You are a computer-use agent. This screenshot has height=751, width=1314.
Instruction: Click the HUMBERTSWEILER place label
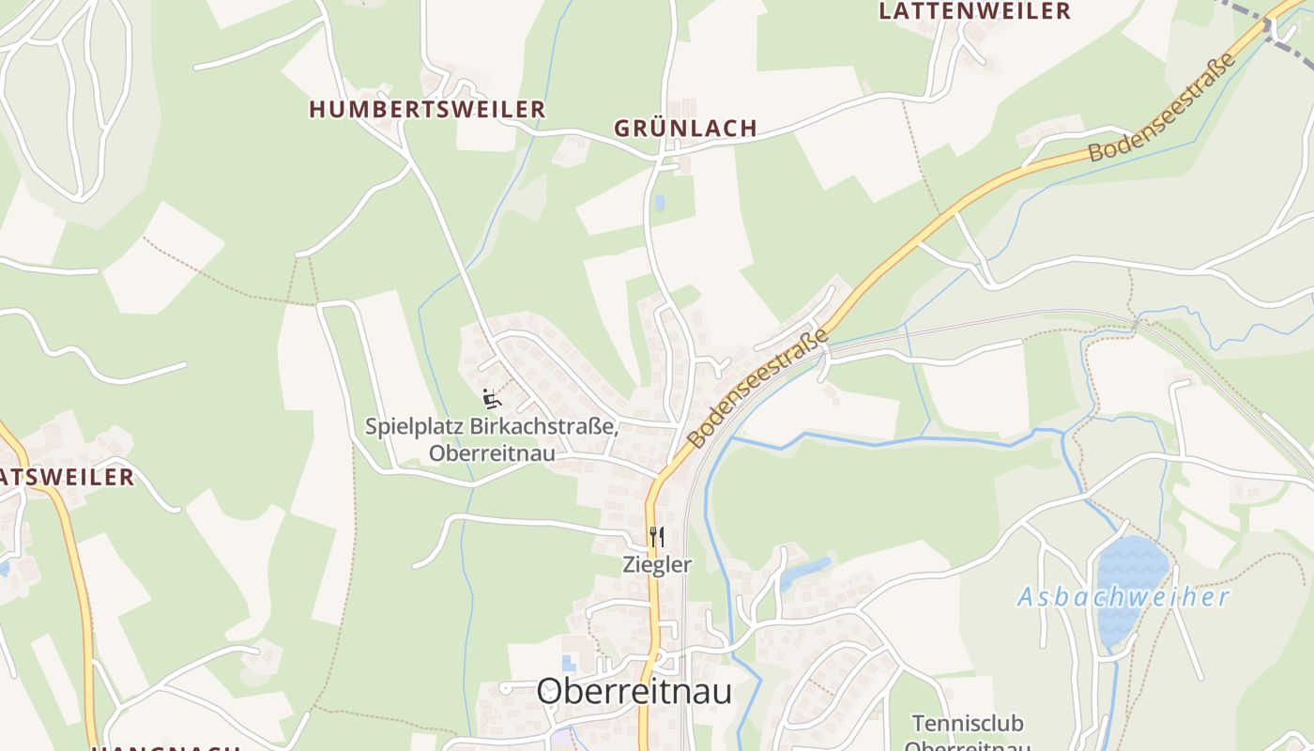[427, 110]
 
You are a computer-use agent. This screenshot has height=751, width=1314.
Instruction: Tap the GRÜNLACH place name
[685, 129]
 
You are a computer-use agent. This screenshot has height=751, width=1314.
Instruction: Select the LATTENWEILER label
[974, 11]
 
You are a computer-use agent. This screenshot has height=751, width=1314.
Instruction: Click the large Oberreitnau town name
[634, 692]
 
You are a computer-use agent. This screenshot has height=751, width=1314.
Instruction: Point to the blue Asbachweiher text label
[1123, 597]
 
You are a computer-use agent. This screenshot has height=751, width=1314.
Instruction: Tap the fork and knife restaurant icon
[656, 537]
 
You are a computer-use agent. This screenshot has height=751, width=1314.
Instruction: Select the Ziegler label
[657, 565]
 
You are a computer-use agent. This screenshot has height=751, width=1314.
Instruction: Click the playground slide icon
[492, 398]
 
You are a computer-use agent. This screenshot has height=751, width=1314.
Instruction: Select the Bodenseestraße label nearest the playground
[758, 387]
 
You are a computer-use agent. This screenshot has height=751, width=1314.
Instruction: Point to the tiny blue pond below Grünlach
[659, 202]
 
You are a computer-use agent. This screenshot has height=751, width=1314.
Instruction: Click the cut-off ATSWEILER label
[68, 477]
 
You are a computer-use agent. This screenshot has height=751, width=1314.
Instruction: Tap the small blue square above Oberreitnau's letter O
[569, 665]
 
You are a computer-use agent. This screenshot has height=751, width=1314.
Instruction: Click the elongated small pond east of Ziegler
[805, 569]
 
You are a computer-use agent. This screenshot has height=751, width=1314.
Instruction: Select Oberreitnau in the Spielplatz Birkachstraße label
[492, 453]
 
